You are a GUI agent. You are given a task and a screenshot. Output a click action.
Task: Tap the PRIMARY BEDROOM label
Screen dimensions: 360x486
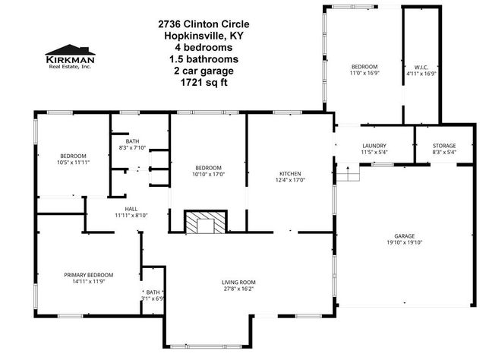[x=88, y=275]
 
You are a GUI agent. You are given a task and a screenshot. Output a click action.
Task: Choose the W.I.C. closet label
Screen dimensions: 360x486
[x=422, y=66]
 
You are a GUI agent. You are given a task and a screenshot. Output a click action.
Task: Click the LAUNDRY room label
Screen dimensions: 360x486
[x=374, y=146]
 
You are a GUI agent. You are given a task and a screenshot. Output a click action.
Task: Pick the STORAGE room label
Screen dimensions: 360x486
[x=444, y=146]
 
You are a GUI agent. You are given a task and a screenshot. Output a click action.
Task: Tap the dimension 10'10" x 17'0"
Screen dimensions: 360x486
[x=208, y=174]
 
